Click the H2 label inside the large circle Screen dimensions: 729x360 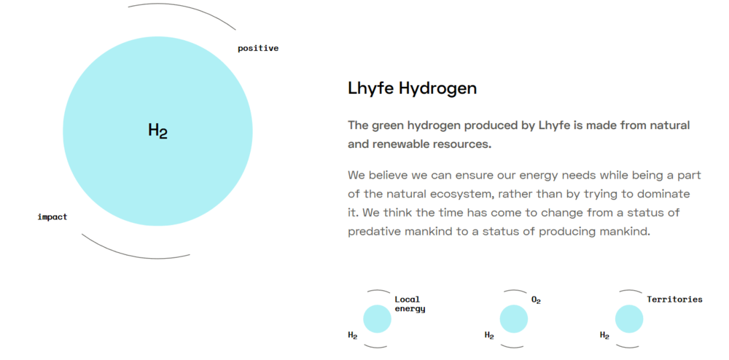pyautogui.click(x=157, y=131)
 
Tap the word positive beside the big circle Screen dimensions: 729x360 pyautogui.click(x=258, y=48)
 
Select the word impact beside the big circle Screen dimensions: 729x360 pyautogui.click(x=52, y=217)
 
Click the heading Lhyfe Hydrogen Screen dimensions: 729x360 pyautogui.click(x=413, y=88)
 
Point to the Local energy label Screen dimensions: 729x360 pyautogui.click(x=410, y=305)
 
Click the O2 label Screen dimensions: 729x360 pyautogui.click(x=536, y=300)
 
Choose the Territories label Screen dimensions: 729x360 pyautogui.click(x=674, y=300)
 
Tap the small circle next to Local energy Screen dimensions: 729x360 pyautogui.click(x=377, y=319)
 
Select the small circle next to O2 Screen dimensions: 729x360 pyautogui.click(x=514, y=319)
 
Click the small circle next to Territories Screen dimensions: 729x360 pyautogui.click(x=629, y=319)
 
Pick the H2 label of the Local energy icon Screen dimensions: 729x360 pyautogui.click(x=353, y=335)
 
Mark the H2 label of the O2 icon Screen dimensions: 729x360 pyautogui.click(x=489, y=335)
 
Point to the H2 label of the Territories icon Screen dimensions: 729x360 pyautogui.click(x=604, y=335)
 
